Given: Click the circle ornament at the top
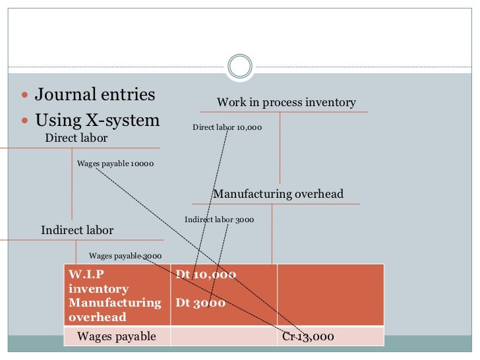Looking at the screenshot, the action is pyautogui.click(x=239, y=66).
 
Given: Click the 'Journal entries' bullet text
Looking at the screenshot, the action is pyautogui.click(x=95, y=95).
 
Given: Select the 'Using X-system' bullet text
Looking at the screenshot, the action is pyautogui.click(x=98, y=121).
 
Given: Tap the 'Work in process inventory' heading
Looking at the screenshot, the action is pyautogui.click(x=286, y=102).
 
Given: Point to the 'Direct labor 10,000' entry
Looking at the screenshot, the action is pyautogui.click(x=227, y=127).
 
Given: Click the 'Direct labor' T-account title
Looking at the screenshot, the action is pyautogui.click(x=76, y=138).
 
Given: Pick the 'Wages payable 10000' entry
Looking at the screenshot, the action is pyautogui.click(x=115, y=163).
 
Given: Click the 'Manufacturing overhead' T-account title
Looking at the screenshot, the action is pyautogui.click(x=278, y=194).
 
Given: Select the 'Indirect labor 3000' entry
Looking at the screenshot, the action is pyautogui.click(x=219, y=220).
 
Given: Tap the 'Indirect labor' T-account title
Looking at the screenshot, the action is pyautogui.click(x=77, y=230).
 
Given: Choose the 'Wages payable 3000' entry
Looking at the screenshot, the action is pyautogui.click(x=125, y=256).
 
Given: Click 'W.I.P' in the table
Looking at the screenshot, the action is pyautogui.click(x=86, y=274).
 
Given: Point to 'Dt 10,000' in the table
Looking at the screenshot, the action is pyautogui.click(x=205, y=274).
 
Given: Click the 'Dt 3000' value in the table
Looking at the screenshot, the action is pyautogui.click(x=200, y=303).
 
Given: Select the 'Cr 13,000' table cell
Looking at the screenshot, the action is pyautogui.click(x=308, y=337).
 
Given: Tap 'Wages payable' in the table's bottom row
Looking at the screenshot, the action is pyautogui.click(x=117, y=337).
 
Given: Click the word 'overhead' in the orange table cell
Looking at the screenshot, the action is pyautogui.click(x=97, y=317).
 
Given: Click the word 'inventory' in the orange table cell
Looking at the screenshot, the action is pyautogui.click(x=98, y=289).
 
